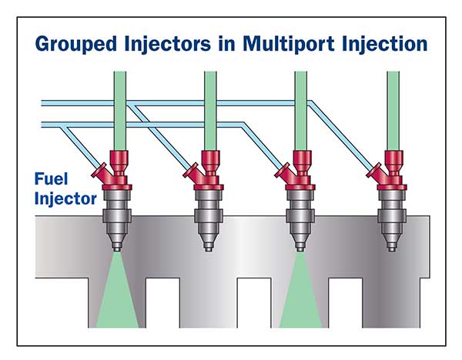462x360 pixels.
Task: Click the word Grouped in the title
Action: click(x=75, y=45)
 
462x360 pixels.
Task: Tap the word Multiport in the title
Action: click(x=289, y=44)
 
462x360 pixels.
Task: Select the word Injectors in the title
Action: click(x=168, y=45)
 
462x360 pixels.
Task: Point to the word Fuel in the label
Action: click(x=51, y=178)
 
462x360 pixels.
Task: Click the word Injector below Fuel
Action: click(x=65, y=198)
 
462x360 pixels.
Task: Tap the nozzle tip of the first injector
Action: click(x=117, y=248)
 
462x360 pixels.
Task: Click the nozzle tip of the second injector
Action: click(x=209, y=248)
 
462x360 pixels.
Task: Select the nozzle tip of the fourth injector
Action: click(x=392, y=248)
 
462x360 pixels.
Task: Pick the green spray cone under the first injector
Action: click(x=117, y=295)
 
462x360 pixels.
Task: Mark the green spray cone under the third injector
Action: click(x=300, y=295)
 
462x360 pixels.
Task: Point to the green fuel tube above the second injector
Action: click(x=210, y=111)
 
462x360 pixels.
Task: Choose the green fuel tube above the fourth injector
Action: click(x=393, y=111)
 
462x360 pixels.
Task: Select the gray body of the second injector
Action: click(x=209, y=216)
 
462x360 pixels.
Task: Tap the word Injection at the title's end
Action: click(x=384, y=45)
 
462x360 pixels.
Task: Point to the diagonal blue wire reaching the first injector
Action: click(x=79, y=145)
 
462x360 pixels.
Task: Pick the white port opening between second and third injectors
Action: click(x=254, y=302)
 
